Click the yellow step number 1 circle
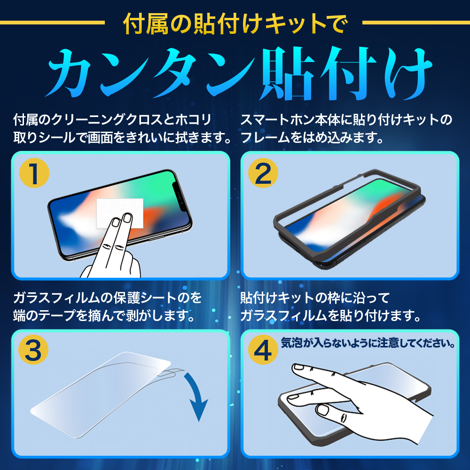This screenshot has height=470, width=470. [34, 173]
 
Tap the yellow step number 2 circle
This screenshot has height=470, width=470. [263, 173]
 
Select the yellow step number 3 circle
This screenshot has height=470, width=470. [33, 350]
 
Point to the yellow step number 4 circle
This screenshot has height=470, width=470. [263, 350]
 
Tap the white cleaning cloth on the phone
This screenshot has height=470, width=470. [119, 213]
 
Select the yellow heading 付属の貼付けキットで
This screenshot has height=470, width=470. [235, 23]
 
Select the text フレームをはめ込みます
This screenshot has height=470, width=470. [312, 138]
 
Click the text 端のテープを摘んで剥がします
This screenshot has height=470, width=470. [104, 316]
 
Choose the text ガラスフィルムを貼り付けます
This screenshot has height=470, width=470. [330, 316]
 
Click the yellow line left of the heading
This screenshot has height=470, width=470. [53, 23]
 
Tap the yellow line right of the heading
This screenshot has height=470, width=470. [416, 23]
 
